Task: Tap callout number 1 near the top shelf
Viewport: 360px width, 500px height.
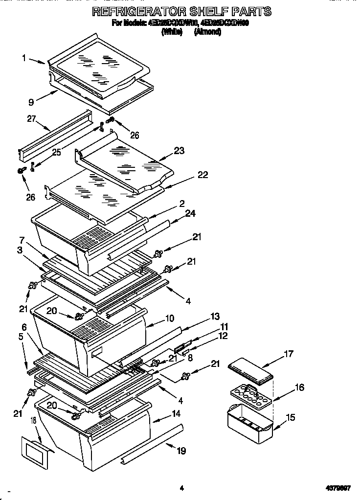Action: coord(24,58)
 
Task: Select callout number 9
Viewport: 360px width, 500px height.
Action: coord(31,102)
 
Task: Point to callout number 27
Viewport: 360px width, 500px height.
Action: coord(31,118)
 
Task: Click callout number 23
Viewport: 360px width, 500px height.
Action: coord(179,151)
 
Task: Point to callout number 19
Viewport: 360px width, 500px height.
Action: coord(181,451)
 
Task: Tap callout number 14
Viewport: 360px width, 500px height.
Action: coord(176,413)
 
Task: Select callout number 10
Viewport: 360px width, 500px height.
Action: coord(169,318)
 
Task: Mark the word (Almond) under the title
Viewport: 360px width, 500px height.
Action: coord(207,32)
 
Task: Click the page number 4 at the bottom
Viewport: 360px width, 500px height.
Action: coord(181,488)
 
